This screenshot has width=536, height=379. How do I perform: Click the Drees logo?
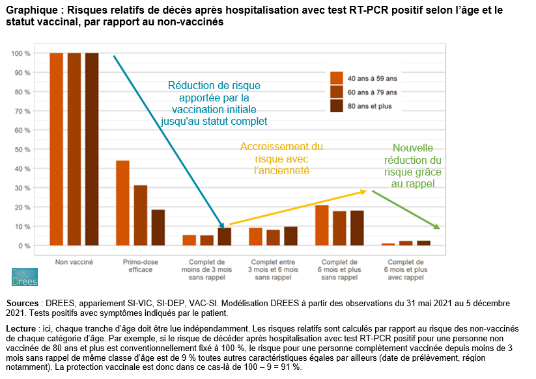tap(25, 277)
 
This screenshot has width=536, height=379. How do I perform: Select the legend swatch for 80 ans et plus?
tap(337, 106)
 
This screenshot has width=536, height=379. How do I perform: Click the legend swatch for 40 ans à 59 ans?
tap(337, 78)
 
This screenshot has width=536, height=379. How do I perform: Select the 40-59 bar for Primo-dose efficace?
tap(122, 203)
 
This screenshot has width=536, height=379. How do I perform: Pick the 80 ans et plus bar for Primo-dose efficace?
tap(158, 228)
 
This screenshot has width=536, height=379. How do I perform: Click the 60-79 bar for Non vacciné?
tap(74, 149)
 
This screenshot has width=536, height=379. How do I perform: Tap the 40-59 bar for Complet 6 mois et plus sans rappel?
tap(322, 226)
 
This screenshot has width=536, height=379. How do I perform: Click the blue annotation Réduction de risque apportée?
tap(214, 103)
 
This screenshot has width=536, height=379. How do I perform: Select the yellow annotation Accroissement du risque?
tap(281, 159)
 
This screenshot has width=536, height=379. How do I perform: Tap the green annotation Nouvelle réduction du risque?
tap(413, 166)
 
